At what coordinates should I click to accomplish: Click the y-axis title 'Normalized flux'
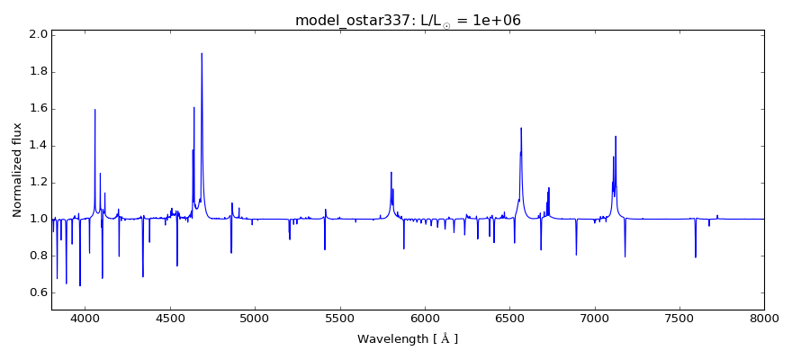pos(17,170)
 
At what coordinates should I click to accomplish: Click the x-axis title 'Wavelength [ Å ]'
pos(408,339)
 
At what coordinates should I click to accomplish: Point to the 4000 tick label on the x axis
pos(85,318)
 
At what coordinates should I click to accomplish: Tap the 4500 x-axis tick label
pos(170,318)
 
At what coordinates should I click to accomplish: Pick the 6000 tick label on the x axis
pos(425,318)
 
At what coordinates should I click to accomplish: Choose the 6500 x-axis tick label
pos(509,318)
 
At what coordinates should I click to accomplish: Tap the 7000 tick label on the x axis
pos(594,318)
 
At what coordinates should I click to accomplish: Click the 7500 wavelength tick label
pos(679,318)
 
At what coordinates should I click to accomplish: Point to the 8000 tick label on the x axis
pos(764,318)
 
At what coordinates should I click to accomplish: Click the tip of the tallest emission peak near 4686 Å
pos(202,53)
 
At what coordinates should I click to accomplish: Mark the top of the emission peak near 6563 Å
pos(521,128)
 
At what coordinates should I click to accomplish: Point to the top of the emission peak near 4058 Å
pos(94,110)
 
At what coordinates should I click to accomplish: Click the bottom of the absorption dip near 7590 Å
pos(695,257)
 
